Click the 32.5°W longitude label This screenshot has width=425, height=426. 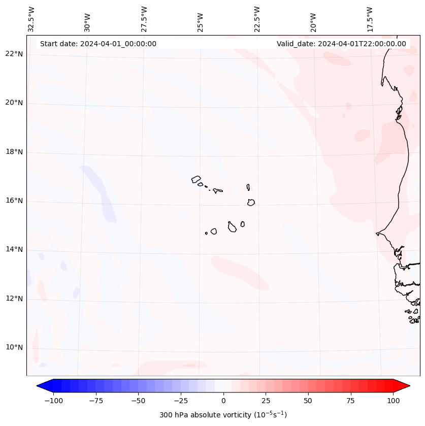[31, 19]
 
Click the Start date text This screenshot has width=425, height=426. [98, 44]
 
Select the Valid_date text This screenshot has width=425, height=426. [341, 44]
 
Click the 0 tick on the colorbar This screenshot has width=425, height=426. [223, 401]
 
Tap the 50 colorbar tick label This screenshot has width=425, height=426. [308, 401]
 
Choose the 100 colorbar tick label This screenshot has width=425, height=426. [393, 401]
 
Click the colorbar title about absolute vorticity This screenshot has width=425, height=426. [223, 415]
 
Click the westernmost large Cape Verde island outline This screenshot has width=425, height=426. [196, 179]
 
